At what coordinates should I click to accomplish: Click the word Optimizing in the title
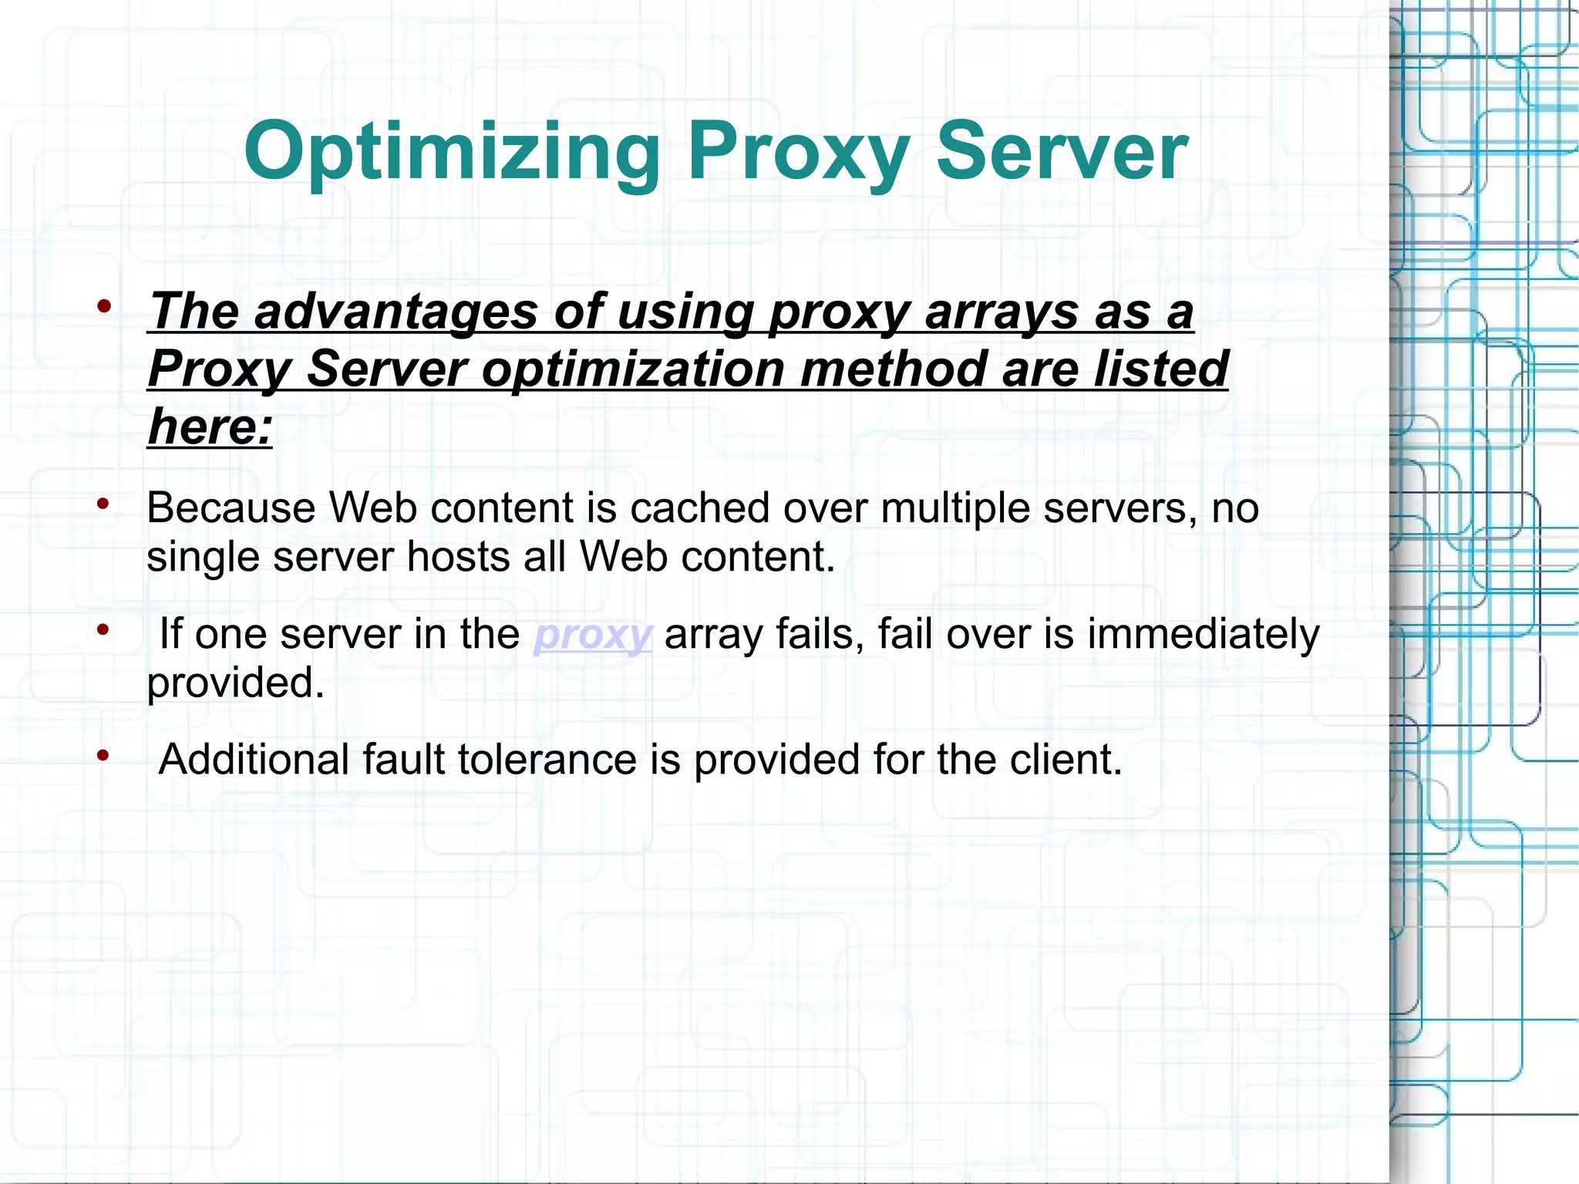coord(451,152)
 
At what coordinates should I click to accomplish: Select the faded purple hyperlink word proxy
coord(593,635)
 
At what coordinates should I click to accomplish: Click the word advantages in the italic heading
coord(395,312)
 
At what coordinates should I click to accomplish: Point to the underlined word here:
coord(210,427)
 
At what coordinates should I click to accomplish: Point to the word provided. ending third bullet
coord(235,683)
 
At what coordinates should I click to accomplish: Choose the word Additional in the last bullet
coord(254,760)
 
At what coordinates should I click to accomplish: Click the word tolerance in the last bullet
coord(547,760)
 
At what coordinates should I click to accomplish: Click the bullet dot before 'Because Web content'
coord(104,504)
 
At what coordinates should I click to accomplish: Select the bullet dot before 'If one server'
coord(104,630)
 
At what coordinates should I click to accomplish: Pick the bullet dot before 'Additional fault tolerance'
coord(104,756)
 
